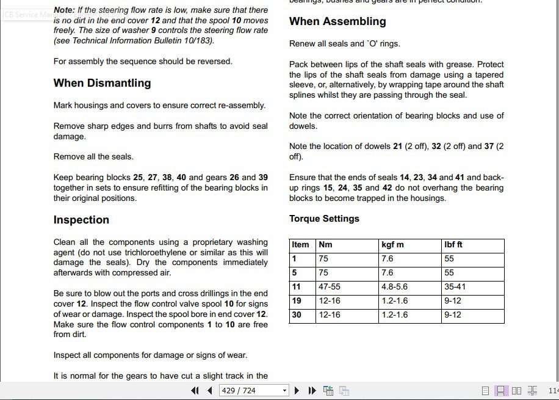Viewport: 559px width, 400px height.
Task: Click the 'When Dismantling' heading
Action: point(102,83)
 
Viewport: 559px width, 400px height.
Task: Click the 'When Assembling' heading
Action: point(337,21)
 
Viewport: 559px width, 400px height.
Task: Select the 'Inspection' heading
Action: point(81,220)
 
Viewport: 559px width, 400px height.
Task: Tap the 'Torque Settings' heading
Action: point(324,219)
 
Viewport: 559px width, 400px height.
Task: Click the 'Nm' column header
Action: point(325,244)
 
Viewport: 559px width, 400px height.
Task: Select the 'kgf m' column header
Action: point(392,244)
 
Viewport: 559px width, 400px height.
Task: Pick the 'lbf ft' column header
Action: point(453,244)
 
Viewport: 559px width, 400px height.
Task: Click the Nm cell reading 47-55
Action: point(330,286)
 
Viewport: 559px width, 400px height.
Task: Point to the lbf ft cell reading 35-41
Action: point(455,286)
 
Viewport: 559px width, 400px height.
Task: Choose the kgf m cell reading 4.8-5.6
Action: point(394,286)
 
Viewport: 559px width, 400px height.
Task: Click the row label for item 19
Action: point(297,300)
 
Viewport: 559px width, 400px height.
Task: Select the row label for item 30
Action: point(297,315)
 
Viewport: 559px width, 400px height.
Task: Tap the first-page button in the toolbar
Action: point(195,390)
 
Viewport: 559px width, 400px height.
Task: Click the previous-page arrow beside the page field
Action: point(210,390)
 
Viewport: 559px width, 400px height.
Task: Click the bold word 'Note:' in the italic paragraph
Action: point(65,10)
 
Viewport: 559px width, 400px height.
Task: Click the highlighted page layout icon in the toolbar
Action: point(500,390)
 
